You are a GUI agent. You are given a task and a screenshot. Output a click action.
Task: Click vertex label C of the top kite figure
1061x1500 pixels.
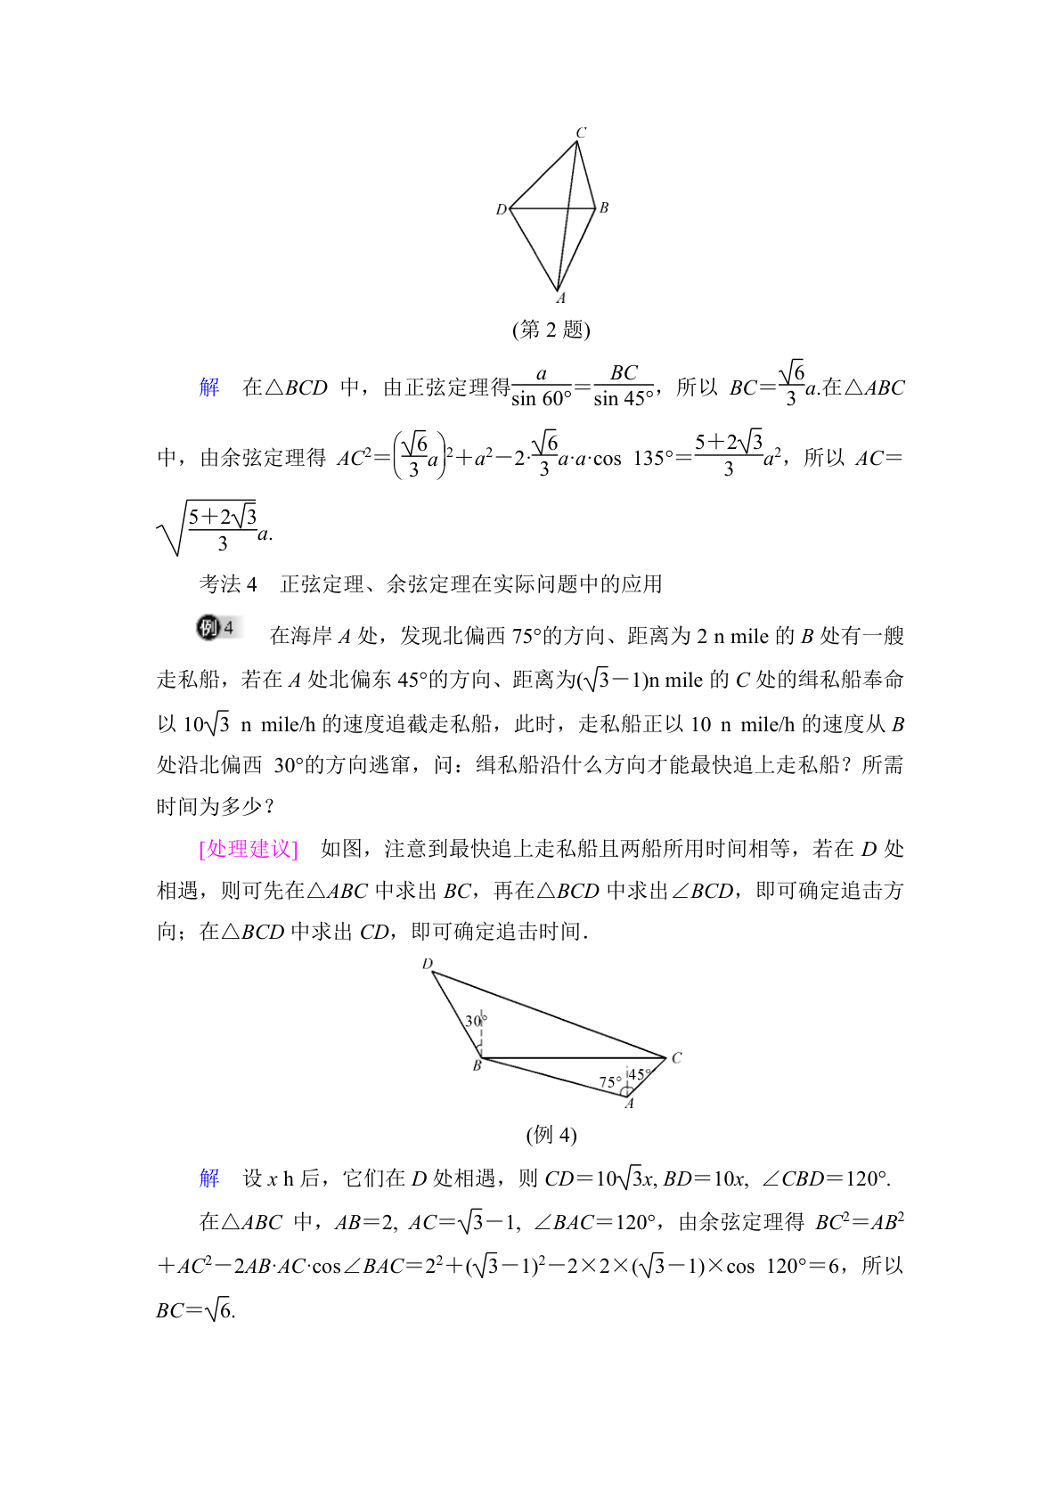(581, 133)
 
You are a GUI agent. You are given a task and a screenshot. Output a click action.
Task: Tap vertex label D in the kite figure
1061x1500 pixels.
(501, 209)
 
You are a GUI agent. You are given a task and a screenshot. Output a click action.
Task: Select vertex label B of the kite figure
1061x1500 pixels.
(604, 208)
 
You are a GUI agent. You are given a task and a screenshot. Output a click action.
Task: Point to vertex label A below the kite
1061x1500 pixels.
(560, 298)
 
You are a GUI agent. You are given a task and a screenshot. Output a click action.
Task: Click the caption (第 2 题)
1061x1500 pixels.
(551, 330)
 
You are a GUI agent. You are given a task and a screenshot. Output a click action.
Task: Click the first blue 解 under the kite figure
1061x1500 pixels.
(209, 387)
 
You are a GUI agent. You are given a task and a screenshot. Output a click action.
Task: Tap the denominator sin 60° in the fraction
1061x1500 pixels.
(542, 399)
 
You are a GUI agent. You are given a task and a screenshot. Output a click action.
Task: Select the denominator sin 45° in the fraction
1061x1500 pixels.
(624, 399)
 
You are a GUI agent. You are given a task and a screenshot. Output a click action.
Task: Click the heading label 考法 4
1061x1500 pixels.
(228, 584)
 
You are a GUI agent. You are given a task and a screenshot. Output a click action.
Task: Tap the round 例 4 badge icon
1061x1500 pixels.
(216, 628)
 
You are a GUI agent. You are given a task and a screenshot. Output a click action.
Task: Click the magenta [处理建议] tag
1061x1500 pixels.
(249, 849)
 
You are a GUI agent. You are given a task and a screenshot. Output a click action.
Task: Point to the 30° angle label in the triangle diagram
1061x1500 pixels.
(476, 1021)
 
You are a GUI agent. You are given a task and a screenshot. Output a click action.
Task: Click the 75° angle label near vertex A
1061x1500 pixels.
(610, 1082)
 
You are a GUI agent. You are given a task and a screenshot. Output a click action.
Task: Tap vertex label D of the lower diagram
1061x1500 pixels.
(428, 964)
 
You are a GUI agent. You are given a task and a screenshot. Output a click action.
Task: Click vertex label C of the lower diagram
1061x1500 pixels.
(676, 1057)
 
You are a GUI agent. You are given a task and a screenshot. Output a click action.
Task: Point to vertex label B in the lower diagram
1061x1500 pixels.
(477, 1065)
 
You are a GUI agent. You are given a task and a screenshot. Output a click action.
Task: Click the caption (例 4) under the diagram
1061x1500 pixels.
(551, 1135)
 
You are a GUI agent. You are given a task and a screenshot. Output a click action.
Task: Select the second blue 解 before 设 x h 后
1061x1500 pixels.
(209, 1178)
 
